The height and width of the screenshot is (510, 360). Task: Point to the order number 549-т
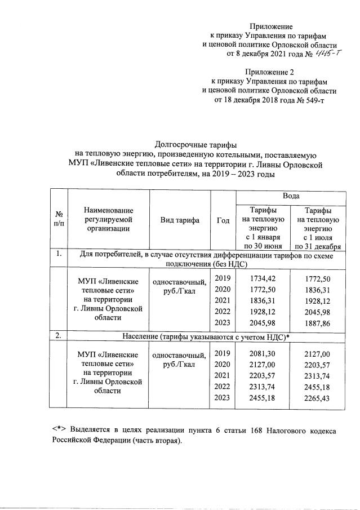(x=313, y=100)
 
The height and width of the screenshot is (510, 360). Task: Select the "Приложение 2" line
(x=269, y=72)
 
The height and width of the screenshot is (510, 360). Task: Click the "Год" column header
(x=223, y=220)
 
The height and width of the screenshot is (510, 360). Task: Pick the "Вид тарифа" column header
(x=180, y=220)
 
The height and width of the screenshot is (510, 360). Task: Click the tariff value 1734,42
(x=263, y=278)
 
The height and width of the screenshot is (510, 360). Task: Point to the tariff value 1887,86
(x=316, y=323)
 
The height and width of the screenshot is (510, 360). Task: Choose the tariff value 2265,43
(x=316, y=398)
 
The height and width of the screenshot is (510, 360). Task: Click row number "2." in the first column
(x=58, y=336)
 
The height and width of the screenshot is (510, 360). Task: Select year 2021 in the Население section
(x=223, y=375)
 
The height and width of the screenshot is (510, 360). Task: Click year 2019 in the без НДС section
(x=223, y=278)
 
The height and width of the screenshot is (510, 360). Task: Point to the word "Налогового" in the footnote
(x=267, y=431)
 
